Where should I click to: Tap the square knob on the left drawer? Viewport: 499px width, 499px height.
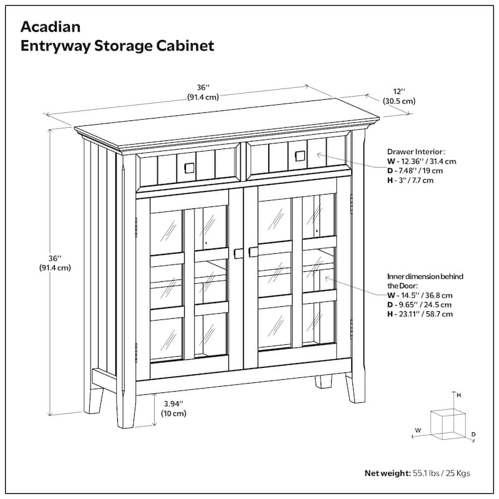tap(188, 167)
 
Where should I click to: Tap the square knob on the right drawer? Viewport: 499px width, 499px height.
tap(298, 154)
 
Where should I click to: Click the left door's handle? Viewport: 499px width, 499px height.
tap(238, 253)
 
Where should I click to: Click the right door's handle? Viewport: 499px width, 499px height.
tap(253, 251)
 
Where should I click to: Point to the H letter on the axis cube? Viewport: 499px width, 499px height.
tap(458, 395)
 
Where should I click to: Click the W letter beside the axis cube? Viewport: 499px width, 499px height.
tap(419, 430)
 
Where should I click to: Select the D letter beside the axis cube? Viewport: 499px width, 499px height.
tap(474, 434)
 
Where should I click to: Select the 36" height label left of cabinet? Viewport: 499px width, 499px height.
tap(55, 263)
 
